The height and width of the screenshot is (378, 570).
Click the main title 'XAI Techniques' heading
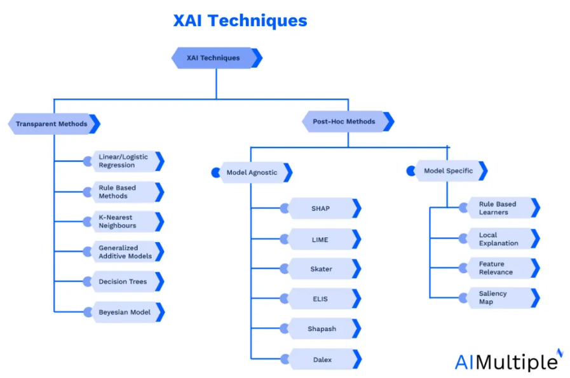240,20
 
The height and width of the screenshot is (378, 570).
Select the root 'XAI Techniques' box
217,58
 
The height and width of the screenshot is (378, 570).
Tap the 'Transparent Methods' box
54,124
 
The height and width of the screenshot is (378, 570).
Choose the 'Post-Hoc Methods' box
348,121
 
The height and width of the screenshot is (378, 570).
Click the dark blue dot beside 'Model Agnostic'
215,172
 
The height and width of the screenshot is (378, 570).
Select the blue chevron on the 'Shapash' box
356,328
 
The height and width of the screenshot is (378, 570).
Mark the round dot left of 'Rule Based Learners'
463,208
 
